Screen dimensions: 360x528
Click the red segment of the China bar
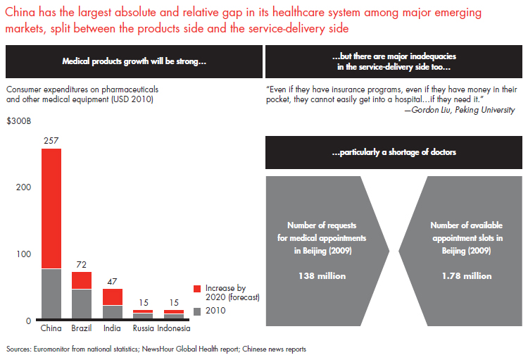(51, 208)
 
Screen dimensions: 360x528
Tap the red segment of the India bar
(112, 297)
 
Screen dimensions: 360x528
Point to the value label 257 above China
(51, 142)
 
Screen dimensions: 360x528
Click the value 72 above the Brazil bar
(82, 265)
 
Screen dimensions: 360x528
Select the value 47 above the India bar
(112, 282)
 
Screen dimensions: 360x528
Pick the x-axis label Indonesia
(173, 328)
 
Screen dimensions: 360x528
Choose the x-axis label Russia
(143, 328)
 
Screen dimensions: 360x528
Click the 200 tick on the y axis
(23, 187)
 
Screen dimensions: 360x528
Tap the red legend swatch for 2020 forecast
(198, 289)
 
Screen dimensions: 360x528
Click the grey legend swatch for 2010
(198, 311)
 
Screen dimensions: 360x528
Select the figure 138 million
(326, 275)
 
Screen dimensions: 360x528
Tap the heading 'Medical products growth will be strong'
(134, 61)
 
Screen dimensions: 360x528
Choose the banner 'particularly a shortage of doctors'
(394, 152)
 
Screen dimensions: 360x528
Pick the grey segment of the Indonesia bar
(173, 316)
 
